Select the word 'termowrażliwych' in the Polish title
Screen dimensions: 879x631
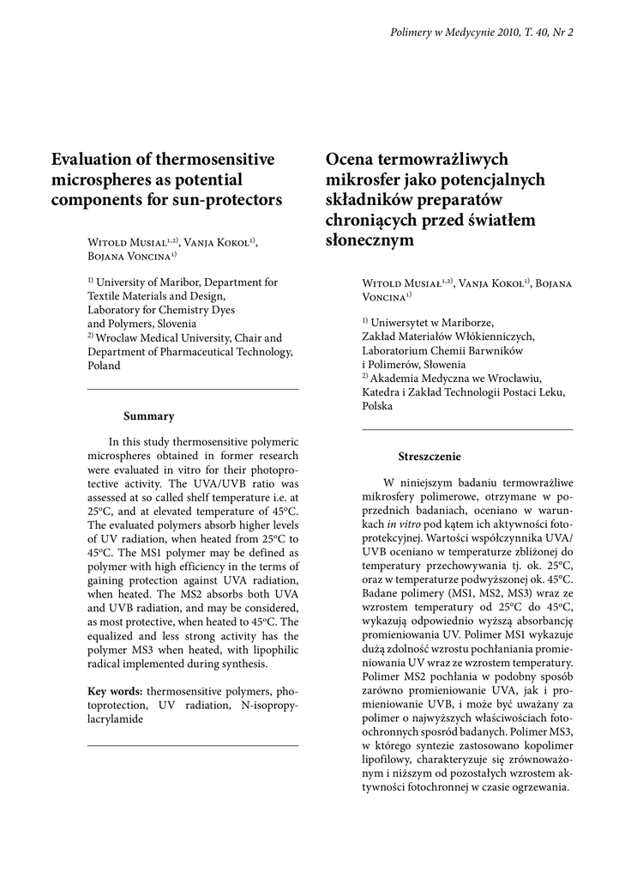point(442,160)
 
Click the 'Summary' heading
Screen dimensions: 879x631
point(148,416)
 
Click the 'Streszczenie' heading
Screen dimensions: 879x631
point(429,457)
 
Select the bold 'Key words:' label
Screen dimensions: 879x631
point(116,691)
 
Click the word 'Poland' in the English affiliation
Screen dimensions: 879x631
point(105,365)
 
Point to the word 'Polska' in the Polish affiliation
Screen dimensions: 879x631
point(378,405)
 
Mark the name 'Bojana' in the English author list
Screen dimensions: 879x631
point(108,256)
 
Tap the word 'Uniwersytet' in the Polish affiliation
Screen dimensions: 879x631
point(402,323)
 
